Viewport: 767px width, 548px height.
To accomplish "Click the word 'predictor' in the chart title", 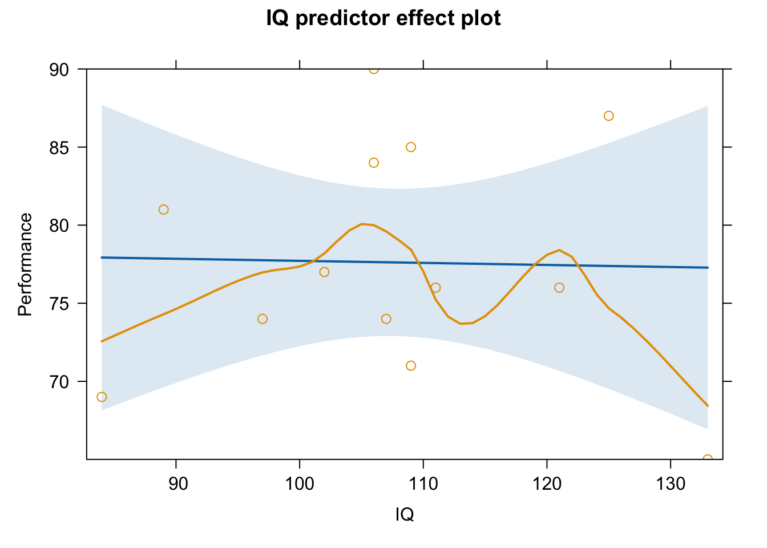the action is coord(342,18).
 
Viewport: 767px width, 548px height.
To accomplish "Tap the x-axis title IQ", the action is coord(405,514).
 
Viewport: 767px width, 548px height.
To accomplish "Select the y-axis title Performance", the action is coord(25,264).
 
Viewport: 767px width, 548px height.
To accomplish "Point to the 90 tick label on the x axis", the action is coord(178,484).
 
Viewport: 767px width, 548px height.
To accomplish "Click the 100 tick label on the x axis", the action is coord(300,484).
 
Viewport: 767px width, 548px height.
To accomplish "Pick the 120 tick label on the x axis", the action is coord(547,484).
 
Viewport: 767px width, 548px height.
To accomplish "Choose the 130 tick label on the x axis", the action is coord(671,484).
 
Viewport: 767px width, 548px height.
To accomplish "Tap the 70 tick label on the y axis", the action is coord(59,382).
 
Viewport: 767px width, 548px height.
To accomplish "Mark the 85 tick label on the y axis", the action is coord(59,148).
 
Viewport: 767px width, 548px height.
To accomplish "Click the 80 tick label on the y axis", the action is coord(59,226).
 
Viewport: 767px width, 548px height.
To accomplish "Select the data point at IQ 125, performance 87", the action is coord(608,116).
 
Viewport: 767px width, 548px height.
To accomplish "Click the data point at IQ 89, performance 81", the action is coord(164,209).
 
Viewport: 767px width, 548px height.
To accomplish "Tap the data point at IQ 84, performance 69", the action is coord(102,397).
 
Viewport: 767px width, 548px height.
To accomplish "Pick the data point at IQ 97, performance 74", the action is coord(263,319).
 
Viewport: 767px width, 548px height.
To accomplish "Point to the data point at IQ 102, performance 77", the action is coord(324,272).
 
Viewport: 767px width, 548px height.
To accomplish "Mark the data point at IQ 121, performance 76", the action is coord(559,288).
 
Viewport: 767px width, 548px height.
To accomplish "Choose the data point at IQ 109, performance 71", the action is coord(411,366).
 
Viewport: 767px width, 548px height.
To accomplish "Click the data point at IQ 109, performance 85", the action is coord(411,147).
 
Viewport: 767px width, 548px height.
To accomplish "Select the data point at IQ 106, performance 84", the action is coord(374,163).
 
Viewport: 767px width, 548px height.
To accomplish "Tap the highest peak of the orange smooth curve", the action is coord(362,224).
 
